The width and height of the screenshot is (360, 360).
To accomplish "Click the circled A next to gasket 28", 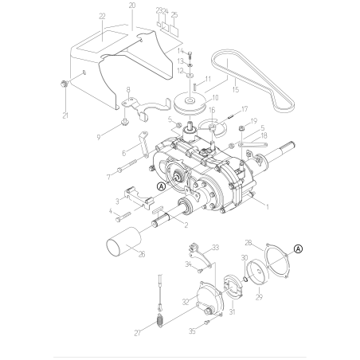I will pos(298,248).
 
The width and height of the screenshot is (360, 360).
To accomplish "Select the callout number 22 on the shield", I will pos(101,16).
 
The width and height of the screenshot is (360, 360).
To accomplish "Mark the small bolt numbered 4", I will pos(124,217).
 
